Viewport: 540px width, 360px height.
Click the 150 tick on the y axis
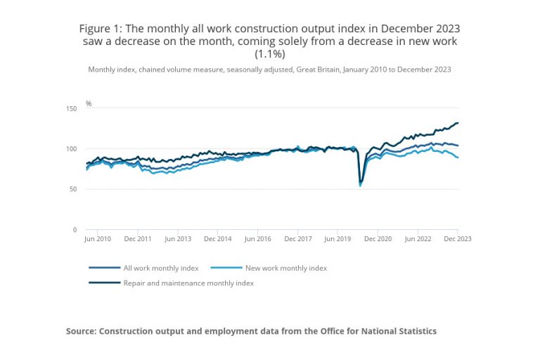pyautogui.click(x=71, y=108)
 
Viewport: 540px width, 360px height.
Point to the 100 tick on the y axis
pyautogui.click(x=71, y=148)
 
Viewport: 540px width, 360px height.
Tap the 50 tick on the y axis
pyautogui.click(x=72, y=189)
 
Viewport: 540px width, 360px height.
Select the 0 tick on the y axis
pyautogui.click(x=75, y=229)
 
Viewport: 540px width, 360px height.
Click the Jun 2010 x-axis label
pyautogui.click(x=98, y=239)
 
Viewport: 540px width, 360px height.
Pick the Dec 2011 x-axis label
pyautogui.click(x=139, y=239)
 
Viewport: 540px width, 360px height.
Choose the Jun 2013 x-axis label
pyautogui.click(x=179, y=239)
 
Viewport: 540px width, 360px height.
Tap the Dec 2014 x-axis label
pyautogui.click(x=218, y=239)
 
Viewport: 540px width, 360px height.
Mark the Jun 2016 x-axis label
pyautogui.click(x=258, y=239)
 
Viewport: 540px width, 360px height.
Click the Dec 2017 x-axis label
pyautogui.click(x=298, y=239)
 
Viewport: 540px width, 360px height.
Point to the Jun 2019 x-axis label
pyautogui.click(x=337, y=239)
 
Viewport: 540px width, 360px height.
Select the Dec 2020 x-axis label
pyautogui.click(x=378, y=239)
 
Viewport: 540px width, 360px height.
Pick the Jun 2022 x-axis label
pyautogui.click(x=418, y=239)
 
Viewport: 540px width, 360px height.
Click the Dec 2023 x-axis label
pyautogui.click(x=456, y=239)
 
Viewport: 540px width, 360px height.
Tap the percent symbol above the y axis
pyautogui.click(x=89, y=103)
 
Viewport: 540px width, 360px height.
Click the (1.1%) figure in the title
pyautogui.click(x=269, y=54)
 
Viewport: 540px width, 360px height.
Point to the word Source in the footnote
pyautogui.click(x=83, y=330)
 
